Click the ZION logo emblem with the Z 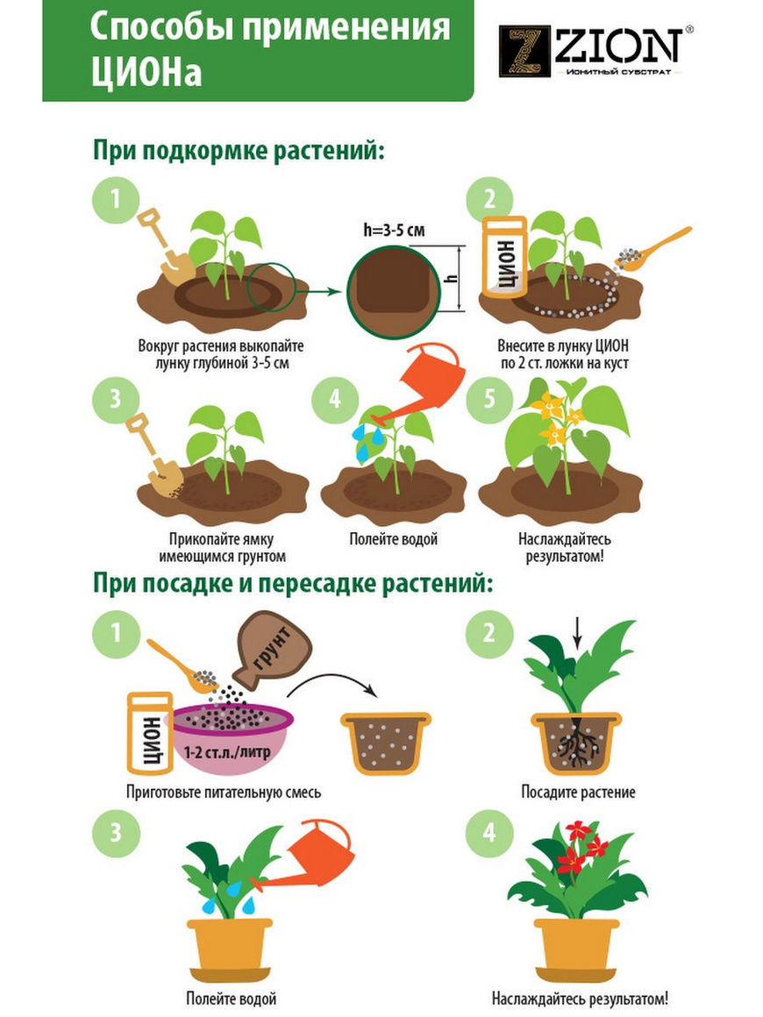point(524,51)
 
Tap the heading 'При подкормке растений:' point(239,151)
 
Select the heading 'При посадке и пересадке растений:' point(293,583)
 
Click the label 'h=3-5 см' point(394,230)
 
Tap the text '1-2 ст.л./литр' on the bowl point(227,754)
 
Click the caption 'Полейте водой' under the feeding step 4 point(393,539)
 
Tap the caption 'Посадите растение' point(578,792)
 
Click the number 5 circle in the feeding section point(490,398)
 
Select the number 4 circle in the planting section point(490,832)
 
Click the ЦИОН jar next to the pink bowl point(150,733)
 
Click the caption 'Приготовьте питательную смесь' point(223,792)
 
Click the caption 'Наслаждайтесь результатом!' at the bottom point(580,999)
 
